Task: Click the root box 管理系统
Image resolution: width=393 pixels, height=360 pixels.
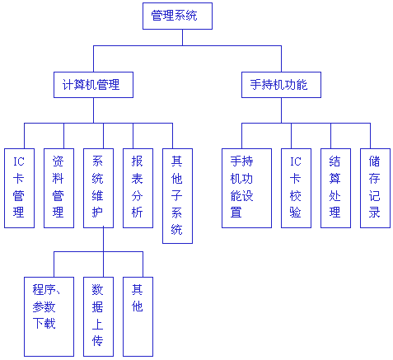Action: click(x=177, y=16)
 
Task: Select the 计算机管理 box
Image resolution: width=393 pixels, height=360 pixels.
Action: click(x=93, y=85)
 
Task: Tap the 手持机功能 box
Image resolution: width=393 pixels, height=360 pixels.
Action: click(x=281, y=85)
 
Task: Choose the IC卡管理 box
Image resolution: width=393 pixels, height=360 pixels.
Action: click(x=19, y=188)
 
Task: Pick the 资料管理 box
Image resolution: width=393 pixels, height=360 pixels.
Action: click(x=58, y=188)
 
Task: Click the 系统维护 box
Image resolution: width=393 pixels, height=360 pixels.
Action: click(x=98, y=188)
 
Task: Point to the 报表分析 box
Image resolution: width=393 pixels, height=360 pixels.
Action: click(x=138, y=188)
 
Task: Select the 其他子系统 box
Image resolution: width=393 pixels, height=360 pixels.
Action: click(x=177, y=196)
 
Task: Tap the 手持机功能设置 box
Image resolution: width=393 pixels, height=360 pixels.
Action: click(x=246, y=188)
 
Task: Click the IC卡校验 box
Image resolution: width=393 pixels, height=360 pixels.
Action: click(x=296, y=188)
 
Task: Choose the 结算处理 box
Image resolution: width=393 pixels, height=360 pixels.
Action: click(x=335, y=188)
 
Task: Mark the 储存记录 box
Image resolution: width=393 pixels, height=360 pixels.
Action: click(x=375, y=188)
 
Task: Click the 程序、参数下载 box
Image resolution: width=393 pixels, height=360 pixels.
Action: click(x=49, y=316)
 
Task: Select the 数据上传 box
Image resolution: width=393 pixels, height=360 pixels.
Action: click(x=98, y=316)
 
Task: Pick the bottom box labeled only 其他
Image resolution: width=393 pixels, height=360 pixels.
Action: click(x=138, y=316)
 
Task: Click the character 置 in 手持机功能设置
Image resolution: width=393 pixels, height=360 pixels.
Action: click(x=236, y=213)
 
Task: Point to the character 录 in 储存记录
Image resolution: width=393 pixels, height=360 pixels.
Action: click(x=374, y=213)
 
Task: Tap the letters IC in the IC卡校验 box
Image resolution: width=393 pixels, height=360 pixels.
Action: click(x=296, y=161)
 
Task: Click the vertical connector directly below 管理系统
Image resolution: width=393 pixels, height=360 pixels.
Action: click(x=182, y=37)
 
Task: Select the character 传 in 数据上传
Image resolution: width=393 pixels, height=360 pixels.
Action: click(x=97, y=341)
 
